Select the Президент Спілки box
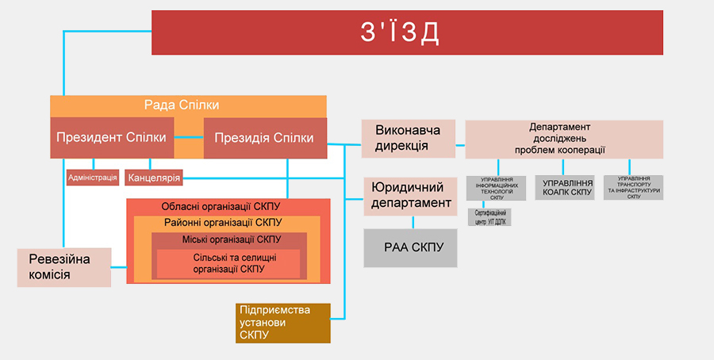pyautogui.click(x=111, y=138)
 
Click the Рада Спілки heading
pyautogui.click(x=182, y=105)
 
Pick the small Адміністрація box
pyautogui.click(x=93, y=178)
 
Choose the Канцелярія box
pyautogui.click(x=154, y=178)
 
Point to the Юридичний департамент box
pyautogui.click(x=411, y=196)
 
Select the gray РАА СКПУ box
pyautogui.click(x=411, y=247)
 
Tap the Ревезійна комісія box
pyautogui.click(x=63, y=267)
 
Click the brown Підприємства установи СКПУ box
pyautogui.click(x=282, y=323)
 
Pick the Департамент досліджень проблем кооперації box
pyautogui.click(x=563, y=139)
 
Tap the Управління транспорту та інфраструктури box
pyautogui.click(x=634, y=187)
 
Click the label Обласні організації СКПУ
pyautogui.click(x=228, y=206)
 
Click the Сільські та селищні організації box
pyautogui.click(x=228, y=264)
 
